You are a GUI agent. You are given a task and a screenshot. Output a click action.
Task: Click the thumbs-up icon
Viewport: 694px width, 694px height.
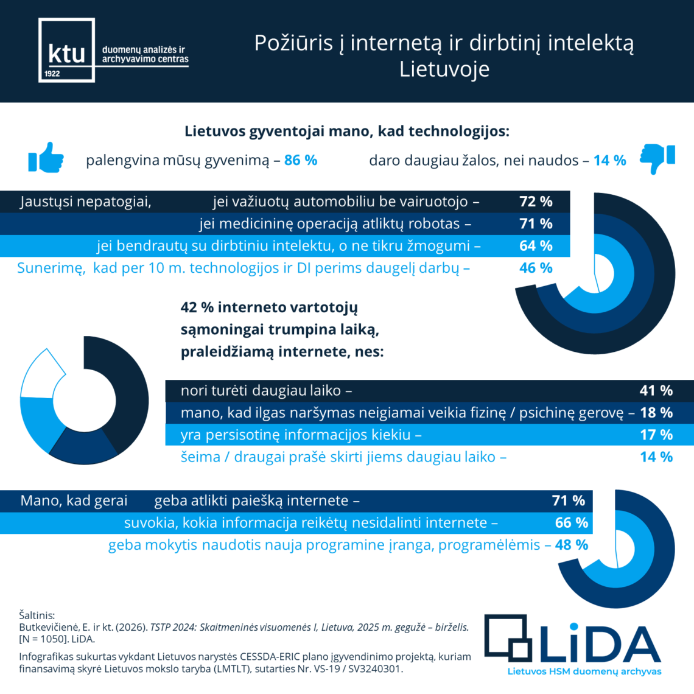[46, 158]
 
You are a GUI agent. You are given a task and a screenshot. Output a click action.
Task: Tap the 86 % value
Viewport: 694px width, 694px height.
[301, 160]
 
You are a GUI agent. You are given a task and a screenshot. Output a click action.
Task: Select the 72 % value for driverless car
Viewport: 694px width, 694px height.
[536, 202]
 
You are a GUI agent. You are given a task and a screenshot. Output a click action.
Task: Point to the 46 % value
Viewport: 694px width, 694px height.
[536, 268]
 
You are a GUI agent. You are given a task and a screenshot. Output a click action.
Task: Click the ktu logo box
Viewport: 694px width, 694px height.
[66, 50]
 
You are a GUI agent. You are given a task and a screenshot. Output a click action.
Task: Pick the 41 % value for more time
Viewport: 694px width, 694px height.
[656, 391]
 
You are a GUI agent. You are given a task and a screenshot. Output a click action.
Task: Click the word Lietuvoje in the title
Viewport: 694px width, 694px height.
[444, 69]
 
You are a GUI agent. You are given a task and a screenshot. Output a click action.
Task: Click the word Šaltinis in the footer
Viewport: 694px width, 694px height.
[37, 615]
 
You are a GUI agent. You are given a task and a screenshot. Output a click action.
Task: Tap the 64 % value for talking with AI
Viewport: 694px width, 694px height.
[536, 246]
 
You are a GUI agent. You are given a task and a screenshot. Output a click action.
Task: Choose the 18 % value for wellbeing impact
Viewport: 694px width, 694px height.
[656, 413]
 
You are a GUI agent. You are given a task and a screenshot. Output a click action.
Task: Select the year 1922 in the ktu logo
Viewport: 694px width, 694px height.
[52, 74]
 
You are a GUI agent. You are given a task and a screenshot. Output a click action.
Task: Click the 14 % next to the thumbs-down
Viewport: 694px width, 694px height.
[609, 160]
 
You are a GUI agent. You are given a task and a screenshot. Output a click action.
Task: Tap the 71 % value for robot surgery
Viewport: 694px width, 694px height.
[536, 223]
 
